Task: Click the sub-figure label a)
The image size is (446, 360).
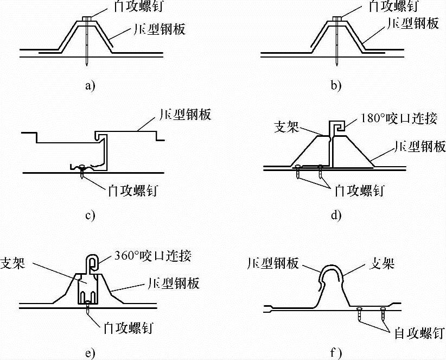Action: tap(90, 85)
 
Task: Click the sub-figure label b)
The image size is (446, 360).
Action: tap(336, 85)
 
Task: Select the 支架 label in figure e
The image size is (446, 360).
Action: tap(15, 260)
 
